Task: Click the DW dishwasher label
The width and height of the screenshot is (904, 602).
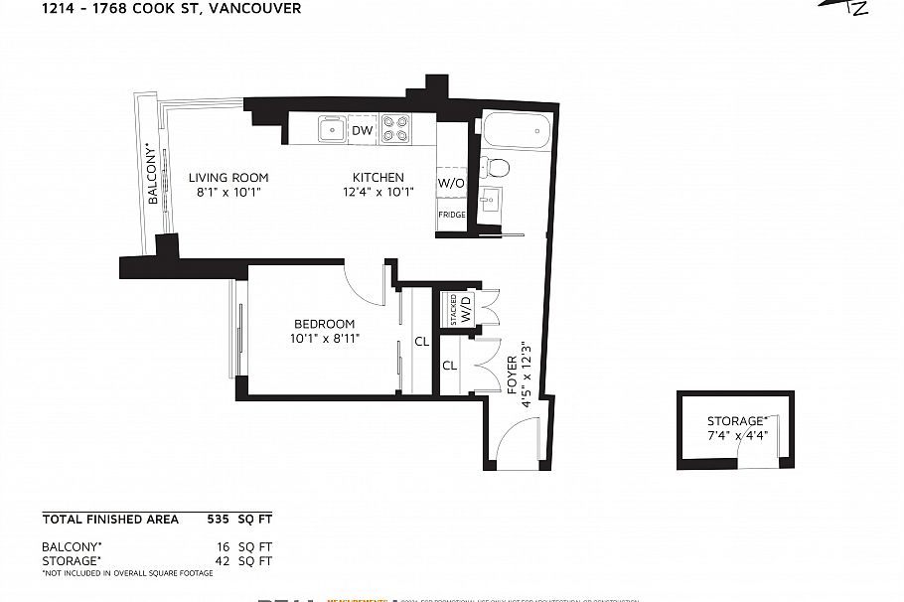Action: [x=363, y=130]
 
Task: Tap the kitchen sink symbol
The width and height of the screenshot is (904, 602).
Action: [x=331, y=130]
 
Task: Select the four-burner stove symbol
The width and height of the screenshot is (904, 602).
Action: [x=396, y=130]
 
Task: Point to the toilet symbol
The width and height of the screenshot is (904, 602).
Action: [x=493, y=167]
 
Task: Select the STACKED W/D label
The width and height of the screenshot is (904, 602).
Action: [x=460, y=309]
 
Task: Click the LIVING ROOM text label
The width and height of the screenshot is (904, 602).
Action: [x=228, y=178]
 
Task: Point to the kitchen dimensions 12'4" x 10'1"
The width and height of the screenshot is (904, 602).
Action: [x=377, y=193]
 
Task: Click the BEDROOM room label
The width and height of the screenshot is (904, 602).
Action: [x=324, y=324]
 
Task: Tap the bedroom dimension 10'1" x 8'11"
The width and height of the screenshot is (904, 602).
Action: [x=324, y=339]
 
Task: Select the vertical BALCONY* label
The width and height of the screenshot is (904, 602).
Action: [x=153, y=174]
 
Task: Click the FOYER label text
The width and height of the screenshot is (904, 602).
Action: [x=513, y=376]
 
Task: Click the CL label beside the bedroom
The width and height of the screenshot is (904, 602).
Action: [x=421, y=342]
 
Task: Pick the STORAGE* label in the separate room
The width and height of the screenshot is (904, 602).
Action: [x=737, y=421]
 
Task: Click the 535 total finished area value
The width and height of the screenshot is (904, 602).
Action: [x=218, y=519]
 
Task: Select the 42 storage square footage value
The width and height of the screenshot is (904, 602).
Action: [x=224, y=561]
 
